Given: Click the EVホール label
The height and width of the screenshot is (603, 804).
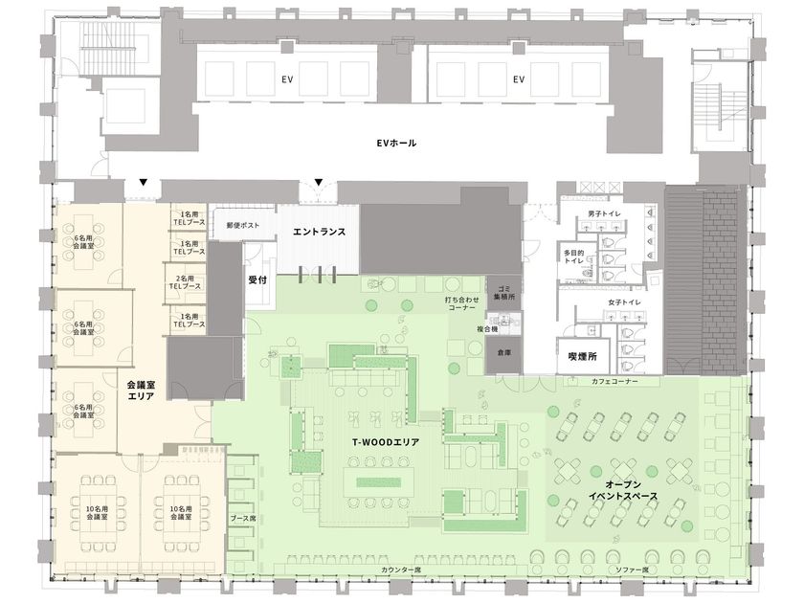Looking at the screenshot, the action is point(396,143).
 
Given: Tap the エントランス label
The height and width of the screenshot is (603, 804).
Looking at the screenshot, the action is point(319,232).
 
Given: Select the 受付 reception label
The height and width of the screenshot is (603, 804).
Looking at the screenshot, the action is point(257,279).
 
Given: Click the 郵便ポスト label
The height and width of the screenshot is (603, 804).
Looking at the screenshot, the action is point(243,225).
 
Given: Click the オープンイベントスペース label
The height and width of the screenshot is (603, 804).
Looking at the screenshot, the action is point(623,491).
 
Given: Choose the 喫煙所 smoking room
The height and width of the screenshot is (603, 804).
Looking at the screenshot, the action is point(583,356).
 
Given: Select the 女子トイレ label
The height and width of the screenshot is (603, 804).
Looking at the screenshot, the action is point(624,302).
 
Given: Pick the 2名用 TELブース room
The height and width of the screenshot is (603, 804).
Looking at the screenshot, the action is point(185,283).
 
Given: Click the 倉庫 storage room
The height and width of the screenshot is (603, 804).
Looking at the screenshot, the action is point(503,354).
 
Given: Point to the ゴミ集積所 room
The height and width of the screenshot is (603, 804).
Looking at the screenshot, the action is point(503,292).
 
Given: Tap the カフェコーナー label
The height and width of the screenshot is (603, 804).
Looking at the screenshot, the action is point(614,382).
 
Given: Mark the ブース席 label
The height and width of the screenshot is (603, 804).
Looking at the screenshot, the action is point(242,519).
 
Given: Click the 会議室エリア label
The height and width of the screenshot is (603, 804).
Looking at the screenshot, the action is point(141,390).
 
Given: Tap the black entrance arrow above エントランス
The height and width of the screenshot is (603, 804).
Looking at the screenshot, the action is point(319,182).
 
